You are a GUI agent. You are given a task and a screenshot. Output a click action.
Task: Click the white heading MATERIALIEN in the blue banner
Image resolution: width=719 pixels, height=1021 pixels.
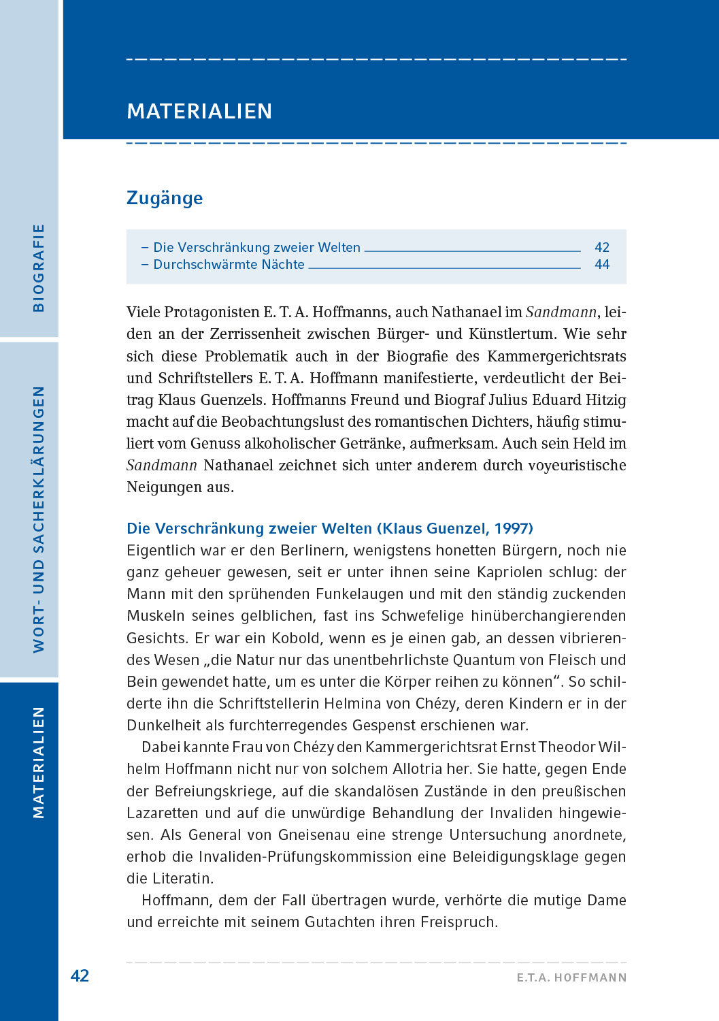[x=199, y=111]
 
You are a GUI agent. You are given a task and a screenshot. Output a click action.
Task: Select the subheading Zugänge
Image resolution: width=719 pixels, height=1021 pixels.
[x=165, y=198]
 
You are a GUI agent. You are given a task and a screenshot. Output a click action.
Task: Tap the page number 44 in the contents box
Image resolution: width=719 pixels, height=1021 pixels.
[x=601, y=264]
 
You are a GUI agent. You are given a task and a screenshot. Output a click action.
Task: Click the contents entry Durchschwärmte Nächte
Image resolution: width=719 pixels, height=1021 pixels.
[x=229, y=264]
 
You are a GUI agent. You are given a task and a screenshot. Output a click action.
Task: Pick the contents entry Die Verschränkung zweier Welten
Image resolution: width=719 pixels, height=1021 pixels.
[x=256, y=247]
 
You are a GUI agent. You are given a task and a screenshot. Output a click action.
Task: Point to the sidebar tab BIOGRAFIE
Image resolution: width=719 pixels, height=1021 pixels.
[x=38, y=268]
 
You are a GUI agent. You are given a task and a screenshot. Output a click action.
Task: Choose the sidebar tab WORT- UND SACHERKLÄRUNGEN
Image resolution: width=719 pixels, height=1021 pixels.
[x=38, y=519]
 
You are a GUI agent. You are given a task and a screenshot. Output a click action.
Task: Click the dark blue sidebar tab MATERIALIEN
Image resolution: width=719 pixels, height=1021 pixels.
[x=38, y=762]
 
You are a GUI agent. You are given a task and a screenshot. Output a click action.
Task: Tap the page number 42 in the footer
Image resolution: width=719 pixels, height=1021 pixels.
[x=80, y=975]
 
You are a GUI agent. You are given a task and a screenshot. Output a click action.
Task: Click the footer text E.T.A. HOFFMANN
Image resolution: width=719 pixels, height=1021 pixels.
[x=571, y=977]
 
